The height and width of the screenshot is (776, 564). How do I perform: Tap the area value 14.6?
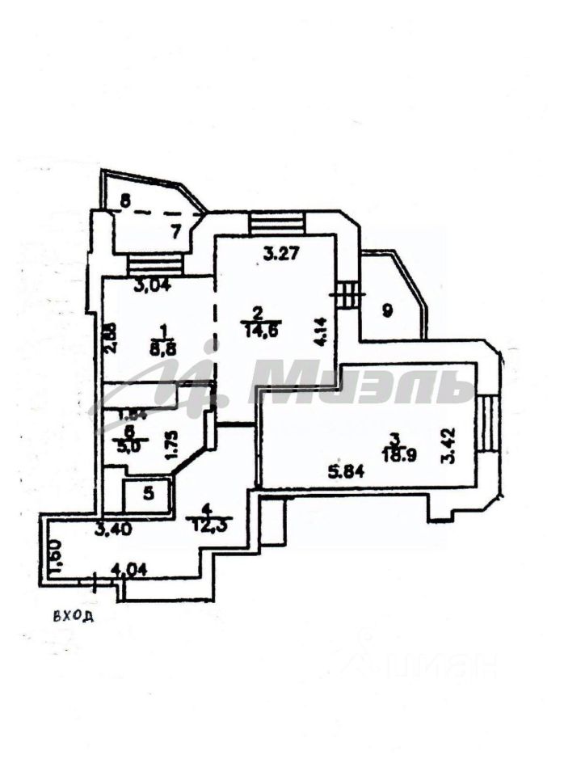coord(256,328)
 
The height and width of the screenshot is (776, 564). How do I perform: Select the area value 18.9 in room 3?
coord(395,453)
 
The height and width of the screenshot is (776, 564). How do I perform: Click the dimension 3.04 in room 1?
coord(151,284)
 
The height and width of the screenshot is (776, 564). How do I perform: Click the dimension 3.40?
coord(111,531)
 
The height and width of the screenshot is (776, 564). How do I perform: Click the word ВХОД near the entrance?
coord(74,617)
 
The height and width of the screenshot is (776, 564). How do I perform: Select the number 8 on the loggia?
coord(124,199)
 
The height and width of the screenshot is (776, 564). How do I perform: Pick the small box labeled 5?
coord(146,492)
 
